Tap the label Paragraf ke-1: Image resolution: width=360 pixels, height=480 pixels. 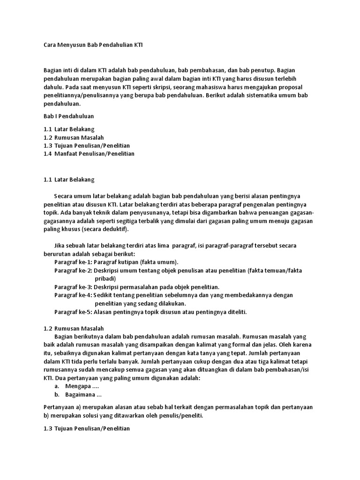73,262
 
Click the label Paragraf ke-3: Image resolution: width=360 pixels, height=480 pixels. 73,287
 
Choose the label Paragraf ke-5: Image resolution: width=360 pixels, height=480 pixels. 73,312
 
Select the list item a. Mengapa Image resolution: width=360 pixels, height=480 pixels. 77,386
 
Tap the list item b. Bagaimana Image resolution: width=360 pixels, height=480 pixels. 78,395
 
